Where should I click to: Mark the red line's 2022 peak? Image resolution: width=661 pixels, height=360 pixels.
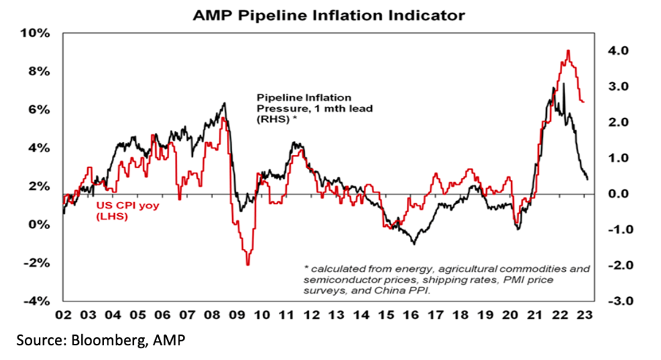coord(568,50)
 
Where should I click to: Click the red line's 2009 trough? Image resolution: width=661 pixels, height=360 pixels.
coord(248,264)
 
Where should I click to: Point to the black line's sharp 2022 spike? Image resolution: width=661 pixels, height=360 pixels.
coord(564,84)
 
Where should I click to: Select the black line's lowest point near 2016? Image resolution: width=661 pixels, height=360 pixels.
coord(414,244)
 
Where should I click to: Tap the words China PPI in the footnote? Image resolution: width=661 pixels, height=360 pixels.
coord(411,290)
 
